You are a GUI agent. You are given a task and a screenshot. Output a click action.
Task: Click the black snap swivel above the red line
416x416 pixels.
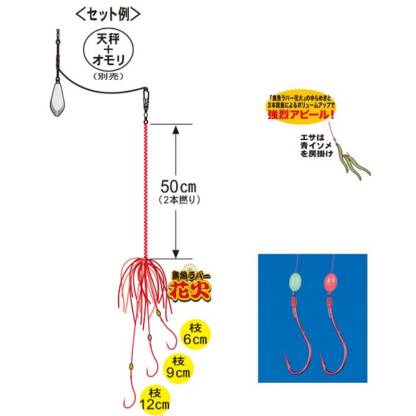[147, 98]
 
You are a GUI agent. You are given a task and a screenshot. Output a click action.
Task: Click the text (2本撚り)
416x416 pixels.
[180, 201]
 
